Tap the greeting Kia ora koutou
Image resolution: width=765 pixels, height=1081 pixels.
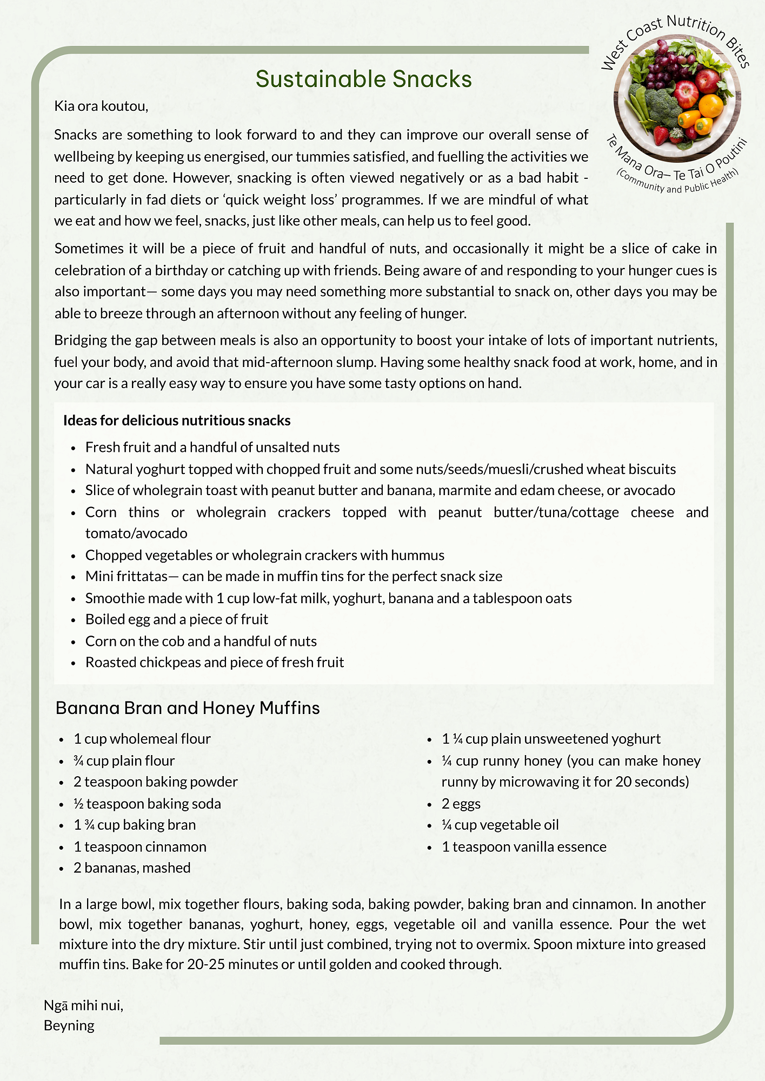(x=101, y=106)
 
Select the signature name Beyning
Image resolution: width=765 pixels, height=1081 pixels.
(x=69, y=1025)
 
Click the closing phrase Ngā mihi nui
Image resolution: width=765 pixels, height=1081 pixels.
(x=83, y=1005)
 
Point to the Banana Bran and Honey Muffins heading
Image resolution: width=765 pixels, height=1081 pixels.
(x=188, y=708)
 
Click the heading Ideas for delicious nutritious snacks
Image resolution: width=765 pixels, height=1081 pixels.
(x=177, y=421)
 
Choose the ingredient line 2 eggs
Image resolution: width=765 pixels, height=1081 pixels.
(x=461, y=804)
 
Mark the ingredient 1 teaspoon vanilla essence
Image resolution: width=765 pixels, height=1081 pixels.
(x=524, y=846)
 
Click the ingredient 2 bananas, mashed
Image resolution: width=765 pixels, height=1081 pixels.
(x=132, y=868)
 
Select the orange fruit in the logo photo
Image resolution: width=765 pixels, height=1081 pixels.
(x=710, y=106)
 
